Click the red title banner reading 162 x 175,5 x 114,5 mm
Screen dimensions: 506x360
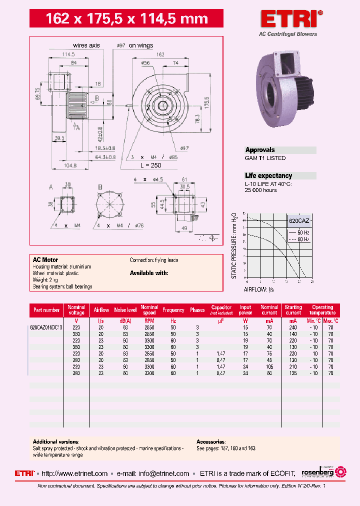point(126,19)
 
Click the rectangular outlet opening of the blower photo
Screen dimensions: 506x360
point(287,64)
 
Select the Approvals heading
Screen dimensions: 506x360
point(260,150)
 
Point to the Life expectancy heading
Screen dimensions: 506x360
point(268,176)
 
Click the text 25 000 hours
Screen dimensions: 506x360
point(260,190)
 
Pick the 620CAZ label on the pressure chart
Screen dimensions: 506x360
point(298,220)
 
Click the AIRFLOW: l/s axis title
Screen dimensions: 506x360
point(259,289)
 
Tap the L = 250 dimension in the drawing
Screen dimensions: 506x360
point(150,165)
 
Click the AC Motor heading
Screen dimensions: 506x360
point(45,260)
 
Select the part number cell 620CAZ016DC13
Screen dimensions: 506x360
point(46,327)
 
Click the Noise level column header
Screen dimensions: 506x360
point(125,310)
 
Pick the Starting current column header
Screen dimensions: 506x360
point(293,310)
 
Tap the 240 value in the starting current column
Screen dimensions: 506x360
point(293,327)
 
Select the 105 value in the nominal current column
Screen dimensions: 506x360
point(269,366)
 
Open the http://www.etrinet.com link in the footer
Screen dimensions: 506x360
point(75,473)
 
